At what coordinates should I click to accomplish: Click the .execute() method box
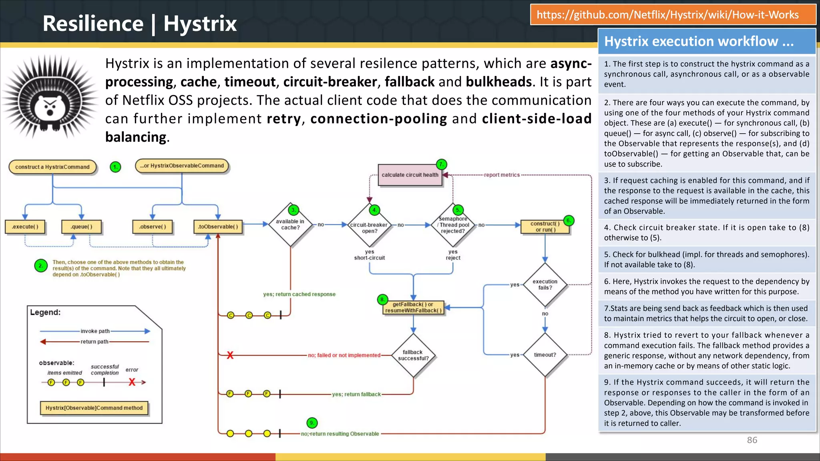coord(25,226)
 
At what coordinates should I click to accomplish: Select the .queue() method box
coord(81,226)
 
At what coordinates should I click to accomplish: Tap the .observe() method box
coord(153,226)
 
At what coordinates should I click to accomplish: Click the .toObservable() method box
coord(218,226)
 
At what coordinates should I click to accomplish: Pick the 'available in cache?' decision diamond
coord(290,224)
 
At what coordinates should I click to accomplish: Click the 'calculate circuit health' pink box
coord(410,175)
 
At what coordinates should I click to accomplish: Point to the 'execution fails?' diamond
coord(545,285)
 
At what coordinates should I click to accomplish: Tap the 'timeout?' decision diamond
coord(545,355)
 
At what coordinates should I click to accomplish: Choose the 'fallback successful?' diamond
coord(413,355)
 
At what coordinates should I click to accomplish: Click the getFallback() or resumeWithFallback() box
coord(413,307)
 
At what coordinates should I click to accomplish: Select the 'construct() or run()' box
coord(545,226)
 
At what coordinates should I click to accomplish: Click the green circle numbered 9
coord(312,423)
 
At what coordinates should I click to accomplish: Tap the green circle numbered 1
coord(115,167)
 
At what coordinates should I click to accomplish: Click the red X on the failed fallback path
coord(230,355)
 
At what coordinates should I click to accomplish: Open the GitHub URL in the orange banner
coord(667,15)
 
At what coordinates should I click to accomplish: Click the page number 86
coord(752,440)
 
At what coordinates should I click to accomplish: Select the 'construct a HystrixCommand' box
coord(52,167)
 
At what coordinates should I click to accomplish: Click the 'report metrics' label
coord(502,175)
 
